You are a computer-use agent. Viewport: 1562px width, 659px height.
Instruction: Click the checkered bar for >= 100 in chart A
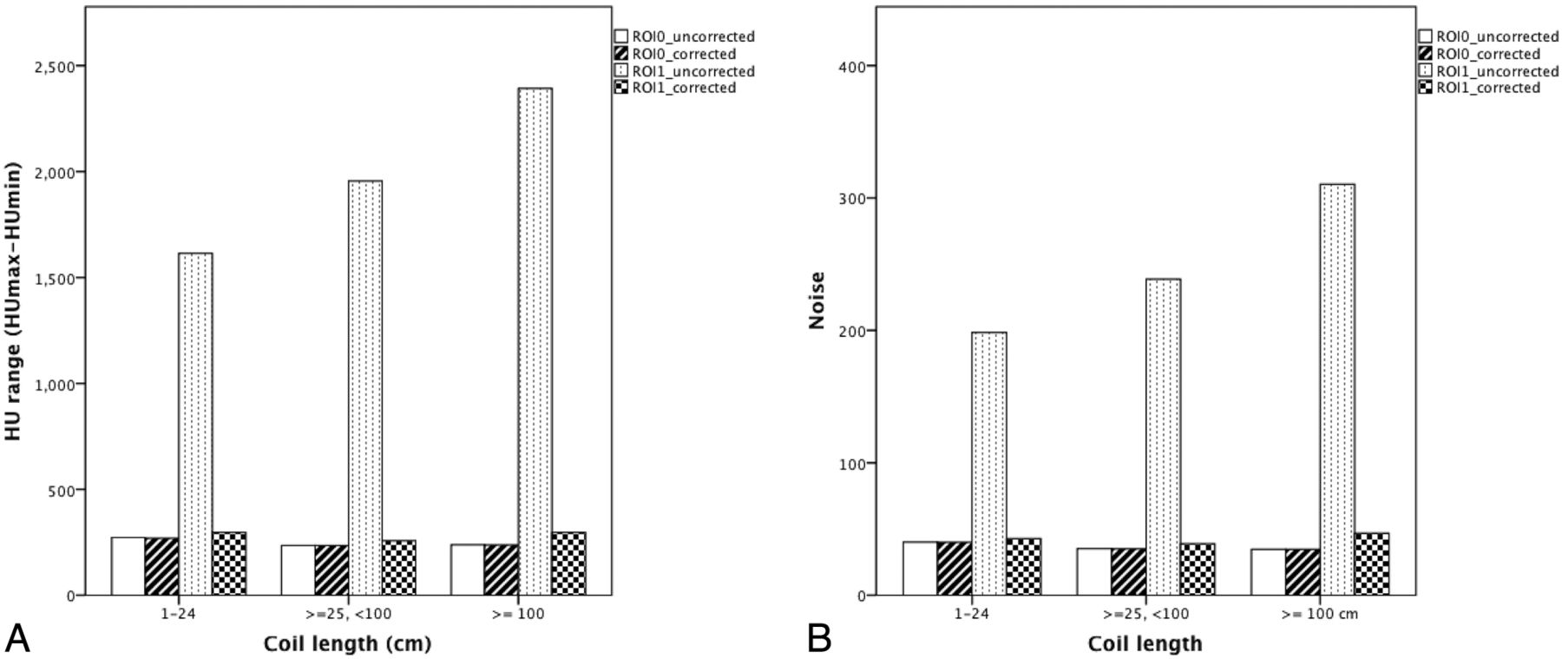pos(568,563)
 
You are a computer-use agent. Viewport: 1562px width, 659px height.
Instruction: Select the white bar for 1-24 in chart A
pos(128,566)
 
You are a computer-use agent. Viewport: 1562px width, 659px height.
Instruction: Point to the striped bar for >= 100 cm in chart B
pos(1303,572)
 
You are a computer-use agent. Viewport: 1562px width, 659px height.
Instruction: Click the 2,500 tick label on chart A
pos(55,66)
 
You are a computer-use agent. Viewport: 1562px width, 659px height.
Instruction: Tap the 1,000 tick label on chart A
pos(55,384)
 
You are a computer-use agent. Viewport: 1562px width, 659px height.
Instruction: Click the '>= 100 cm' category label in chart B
pos(1319,615)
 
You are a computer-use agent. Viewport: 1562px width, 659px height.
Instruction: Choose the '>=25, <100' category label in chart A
pos(349,615)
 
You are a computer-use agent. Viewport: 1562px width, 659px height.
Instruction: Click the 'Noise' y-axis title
pos(817,300)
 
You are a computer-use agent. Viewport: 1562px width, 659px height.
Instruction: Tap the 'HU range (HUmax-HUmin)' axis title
pos(13,300)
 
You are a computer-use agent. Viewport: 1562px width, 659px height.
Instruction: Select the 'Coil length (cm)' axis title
pos(347,643)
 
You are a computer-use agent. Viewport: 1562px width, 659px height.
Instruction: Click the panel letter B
pos(819,639)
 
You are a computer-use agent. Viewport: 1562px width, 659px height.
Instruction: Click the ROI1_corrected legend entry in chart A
pos(675,88)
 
